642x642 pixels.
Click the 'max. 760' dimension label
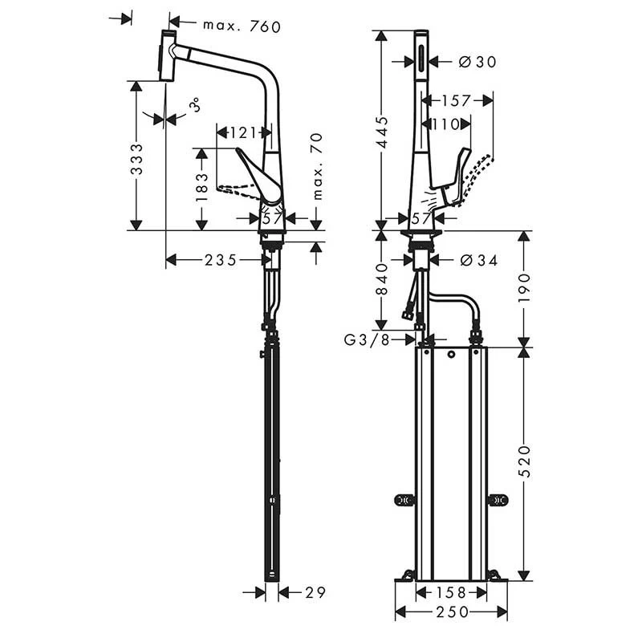click(x=242, y=26)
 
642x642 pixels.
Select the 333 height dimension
click(x=137, y=159)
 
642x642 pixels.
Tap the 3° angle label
click(x=193, y=105)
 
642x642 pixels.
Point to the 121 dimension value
click(x=244, y=132)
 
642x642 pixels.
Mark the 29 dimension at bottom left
click(x=315, y=592)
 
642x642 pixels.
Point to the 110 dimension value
click(x=446, y=124)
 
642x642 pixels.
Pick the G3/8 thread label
click(x=367, y=339)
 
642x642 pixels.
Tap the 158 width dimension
click(x=451, y=593)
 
